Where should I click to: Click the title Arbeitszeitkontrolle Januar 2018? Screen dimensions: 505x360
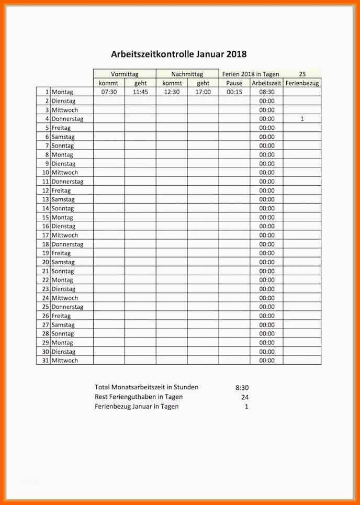pyautogui.click(x=178, y=54)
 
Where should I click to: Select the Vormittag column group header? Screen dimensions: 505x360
pyautogui.click(x=125, y=74)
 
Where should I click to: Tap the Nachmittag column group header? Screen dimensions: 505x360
pyautogui.click(x=187, y=74)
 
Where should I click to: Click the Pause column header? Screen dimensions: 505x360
pyautogui.click(x=234, y=83)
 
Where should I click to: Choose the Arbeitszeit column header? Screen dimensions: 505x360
pyautogui.click(x=266, y=83)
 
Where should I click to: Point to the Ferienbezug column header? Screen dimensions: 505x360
pyautogui.click(x=302, y=83)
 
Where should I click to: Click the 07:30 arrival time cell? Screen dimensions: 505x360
pyautogui.click(x=109, y=92)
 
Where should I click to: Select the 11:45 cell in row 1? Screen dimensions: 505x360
pyautogui.click(x=140, y=92)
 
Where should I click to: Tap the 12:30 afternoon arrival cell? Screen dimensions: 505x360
pyautogui.click(x=171, y=92)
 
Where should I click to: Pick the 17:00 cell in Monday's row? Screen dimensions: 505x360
pyautogui.click(x=203, y=92)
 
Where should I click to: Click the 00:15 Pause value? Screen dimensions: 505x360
pyautogui.click(x=234, y=92)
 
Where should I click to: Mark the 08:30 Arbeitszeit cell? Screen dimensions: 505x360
pyautogui.click(x=266, y=92)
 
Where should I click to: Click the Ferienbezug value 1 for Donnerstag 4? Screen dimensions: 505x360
pyautogui.click(x=302, y=119)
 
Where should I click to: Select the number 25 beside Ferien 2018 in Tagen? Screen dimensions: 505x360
pyautogui.click(x=302, y=74)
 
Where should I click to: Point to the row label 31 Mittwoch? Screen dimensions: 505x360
pyautogui.click(x=60, y=361)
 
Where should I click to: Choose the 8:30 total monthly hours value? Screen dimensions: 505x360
pyautogui.click(x=242, y=388)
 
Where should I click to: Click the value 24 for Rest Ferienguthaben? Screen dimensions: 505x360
pyautogui.click(x=245, y=397)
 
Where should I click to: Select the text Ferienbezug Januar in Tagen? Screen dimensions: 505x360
pyautogui.click(x=137, y=406)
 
